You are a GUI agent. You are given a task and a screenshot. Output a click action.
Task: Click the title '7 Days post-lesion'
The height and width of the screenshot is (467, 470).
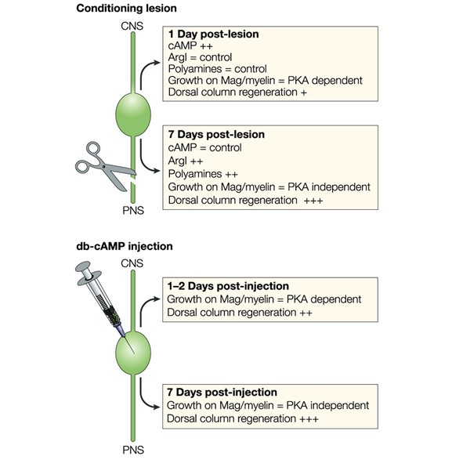point(216,135)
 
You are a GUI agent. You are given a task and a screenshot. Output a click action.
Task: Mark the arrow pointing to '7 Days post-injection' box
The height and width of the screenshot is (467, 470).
point(150,398)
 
